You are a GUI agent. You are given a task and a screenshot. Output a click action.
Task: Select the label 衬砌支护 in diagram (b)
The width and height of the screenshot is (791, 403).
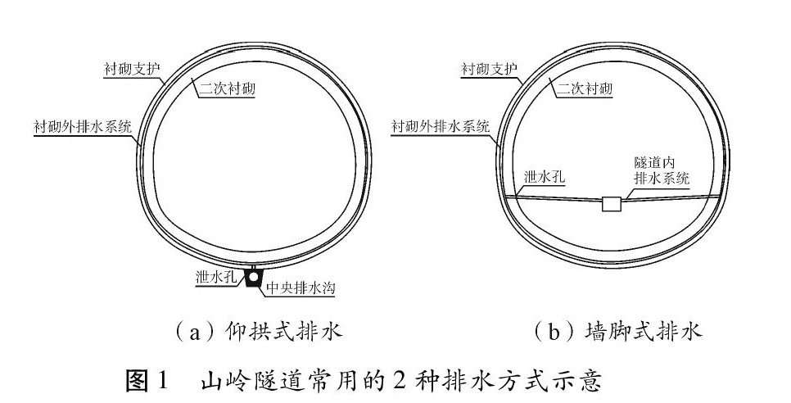[x=489, y=67]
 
